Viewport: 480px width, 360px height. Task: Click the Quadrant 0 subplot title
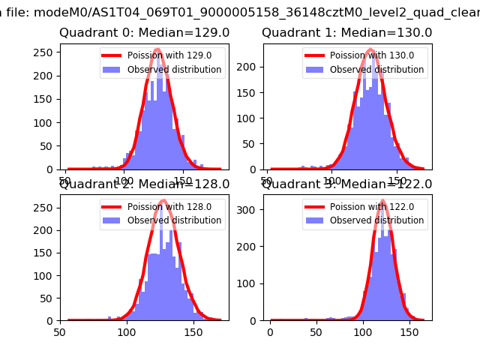point(144,33)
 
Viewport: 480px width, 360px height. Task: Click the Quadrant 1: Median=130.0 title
point(346,33)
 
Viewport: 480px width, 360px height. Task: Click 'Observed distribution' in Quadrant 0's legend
point(174,70)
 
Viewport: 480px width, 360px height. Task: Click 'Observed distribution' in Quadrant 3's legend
point(376,220)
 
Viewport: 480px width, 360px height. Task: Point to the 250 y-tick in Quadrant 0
point(46,52)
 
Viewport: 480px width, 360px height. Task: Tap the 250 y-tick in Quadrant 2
point(46,202)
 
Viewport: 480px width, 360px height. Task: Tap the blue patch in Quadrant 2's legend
point(112,220)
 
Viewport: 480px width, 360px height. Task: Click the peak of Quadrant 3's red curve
point(382,202)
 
